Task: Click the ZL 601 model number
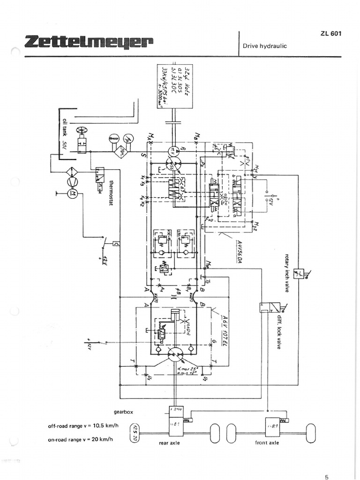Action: (x=331, y=34)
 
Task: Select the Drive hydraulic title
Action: (x=265, y=46)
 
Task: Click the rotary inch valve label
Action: (x=287, y=273)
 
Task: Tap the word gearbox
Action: (x=124, y=412)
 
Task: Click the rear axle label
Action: (x=169, y=443)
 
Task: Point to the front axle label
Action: (x=267, y=442)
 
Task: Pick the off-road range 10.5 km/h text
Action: (x=82, y=426)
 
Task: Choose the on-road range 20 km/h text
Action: (x=82, y=439)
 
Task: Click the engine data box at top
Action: (x=174, y=86)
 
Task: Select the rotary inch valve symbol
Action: (x=298, y=273)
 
